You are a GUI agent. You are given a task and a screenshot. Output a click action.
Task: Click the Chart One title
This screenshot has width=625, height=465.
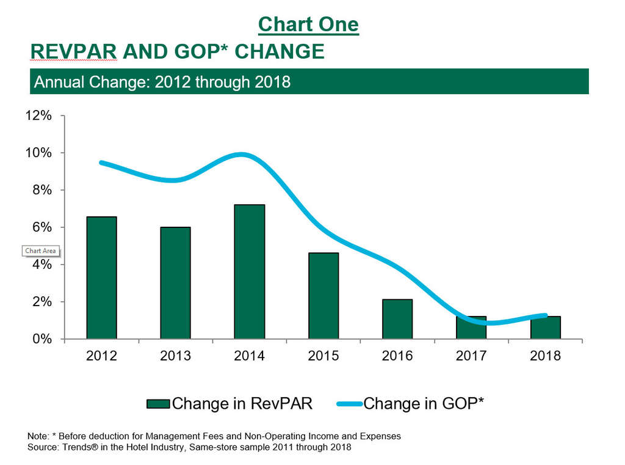tap(308, 24)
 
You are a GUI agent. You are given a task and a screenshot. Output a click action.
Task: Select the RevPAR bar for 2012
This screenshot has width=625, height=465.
tap(101, 278)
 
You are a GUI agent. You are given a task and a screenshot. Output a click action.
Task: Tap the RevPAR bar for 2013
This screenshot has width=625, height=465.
tap(175, 283)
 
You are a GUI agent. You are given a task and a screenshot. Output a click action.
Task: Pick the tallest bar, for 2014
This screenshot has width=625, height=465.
tap(249, 272)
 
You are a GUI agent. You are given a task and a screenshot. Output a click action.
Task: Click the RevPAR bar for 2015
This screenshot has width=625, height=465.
tap(323, 296)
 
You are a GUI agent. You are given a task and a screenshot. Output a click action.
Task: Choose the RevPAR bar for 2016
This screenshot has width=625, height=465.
tap(397, 319)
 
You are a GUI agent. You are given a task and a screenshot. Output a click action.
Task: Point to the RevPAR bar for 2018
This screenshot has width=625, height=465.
tap(545, 328)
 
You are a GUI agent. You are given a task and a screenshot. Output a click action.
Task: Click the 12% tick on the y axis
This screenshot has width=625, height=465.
tap(38, 115)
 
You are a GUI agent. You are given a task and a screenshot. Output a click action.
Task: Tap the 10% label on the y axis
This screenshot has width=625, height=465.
tap(38, 153)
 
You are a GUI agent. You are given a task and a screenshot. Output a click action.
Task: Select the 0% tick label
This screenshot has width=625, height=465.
tap(42, 339)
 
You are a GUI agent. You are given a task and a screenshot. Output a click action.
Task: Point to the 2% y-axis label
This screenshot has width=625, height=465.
tap(42, 302)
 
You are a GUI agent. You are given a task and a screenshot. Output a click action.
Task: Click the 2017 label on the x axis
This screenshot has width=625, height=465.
tap(471, 356)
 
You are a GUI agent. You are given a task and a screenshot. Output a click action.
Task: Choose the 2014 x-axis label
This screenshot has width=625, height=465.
tap(249, 356)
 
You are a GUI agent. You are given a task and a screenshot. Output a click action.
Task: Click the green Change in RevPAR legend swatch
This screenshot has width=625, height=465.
tap(158, 404)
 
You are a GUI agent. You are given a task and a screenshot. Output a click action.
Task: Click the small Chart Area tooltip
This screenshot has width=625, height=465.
tap(40, 251)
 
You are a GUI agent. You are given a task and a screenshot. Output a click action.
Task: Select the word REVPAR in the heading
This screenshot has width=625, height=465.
tap(74, 52)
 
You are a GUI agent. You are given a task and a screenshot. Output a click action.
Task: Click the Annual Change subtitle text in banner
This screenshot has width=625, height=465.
tap(162, 82)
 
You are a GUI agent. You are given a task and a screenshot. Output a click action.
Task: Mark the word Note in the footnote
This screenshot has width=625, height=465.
tap(38, 436)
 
